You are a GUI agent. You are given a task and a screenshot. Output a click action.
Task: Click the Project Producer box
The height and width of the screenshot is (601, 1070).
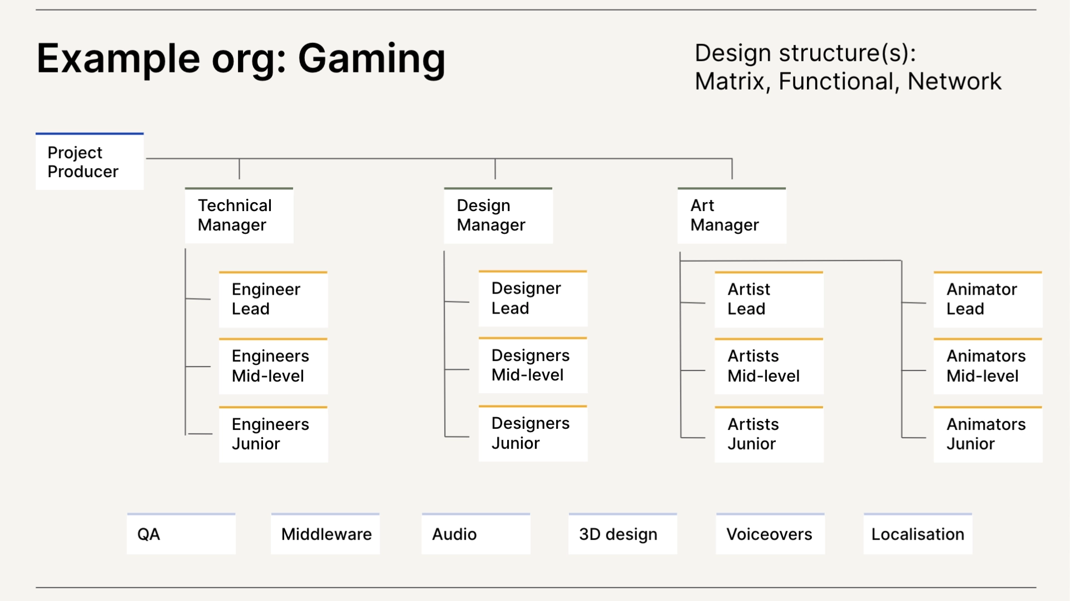(x=89, y=162)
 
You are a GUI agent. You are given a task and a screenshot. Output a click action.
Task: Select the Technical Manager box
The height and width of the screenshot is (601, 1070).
(x=239, y=216)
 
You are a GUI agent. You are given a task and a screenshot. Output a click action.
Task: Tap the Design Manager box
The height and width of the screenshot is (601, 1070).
(x=498, y=216)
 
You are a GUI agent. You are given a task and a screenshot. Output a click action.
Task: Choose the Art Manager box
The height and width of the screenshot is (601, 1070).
(x=731, y=216)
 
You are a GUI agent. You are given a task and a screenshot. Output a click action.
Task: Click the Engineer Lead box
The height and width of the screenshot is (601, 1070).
(x=273, y=300)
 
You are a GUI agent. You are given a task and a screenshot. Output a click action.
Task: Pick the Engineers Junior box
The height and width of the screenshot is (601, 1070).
(x=273, y=434)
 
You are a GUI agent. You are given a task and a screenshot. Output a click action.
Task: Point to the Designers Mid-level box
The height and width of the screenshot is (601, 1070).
(x=533, y=366)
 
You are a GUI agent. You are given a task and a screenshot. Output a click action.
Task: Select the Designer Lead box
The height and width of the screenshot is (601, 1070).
(x=533, y=299)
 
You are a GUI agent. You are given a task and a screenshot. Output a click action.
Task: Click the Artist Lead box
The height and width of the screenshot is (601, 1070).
(x=769, y=300)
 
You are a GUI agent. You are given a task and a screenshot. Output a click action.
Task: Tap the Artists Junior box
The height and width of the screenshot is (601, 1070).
(x=769, y=434)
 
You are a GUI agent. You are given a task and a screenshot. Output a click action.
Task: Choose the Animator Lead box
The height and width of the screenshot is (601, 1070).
(x=988, y=300)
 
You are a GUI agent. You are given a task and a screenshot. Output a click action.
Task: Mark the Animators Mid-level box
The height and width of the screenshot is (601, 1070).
(x=988, y=367)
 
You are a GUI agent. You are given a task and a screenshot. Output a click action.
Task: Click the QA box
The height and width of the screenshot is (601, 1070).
(x=181, y=534)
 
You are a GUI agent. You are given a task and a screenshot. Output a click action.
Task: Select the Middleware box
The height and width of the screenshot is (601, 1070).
(x=325, y=534)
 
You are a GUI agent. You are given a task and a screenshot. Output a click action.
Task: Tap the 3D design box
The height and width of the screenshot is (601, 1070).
(x=622, y=534)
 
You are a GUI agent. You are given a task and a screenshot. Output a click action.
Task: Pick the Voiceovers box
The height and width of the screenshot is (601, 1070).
(x=770, y=534)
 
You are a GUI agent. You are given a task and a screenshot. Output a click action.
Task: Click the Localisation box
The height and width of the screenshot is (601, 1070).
(x=917, y=534)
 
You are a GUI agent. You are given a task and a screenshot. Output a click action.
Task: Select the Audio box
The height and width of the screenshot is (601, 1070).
(x=475, y=534)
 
